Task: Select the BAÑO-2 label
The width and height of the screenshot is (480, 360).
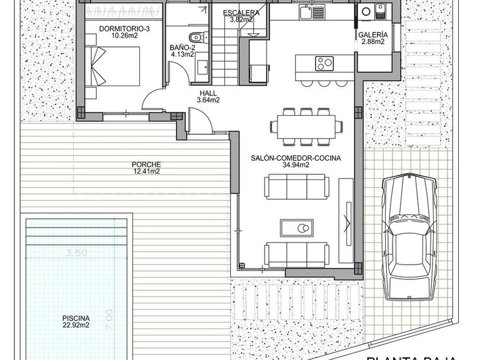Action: (182, 47)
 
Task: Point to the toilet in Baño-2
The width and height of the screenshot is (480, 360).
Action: (196, 36)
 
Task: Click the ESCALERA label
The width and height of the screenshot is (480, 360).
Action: (240, 12)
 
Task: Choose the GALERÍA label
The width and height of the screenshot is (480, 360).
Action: (374, 35)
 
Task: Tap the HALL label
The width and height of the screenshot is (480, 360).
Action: (208, 92)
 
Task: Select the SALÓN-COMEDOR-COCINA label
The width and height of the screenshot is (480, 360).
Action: (296, 158)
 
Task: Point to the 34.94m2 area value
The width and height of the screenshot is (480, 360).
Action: (296, 166)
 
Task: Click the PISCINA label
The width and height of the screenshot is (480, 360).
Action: (75, 317)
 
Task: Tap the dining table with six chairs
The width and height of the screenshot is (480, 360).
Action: (306, 126)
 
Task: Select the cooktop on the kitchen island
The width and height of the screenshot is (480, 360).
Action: (324, 62)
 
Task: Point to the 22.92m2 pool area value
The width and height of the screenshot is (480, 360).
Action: (75, 325)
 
